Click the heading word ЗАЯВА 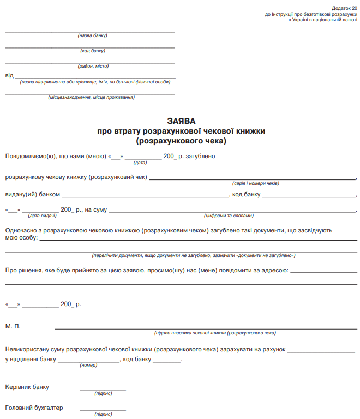pos(181,121)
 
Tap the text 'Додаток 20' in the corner pos(344,8)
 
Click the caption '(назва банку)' pos(93,35)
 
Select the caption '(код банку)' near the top pos(93,51)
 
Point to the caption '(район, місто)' pos(93,66)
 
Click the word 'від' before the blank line pos(9,75)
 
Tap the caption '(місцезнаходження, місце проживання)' pos(91,97)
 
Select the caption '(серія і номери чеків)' pos(255,183)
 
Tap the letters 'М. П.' pos(13,326)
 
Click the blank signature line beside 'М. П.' pos(206,329)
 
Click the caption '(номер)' pos(88,365)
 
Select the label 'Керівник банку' pos(27,387)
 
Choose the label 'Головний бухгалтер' pos(34,408)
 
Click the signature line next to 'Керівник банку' pos(103,390)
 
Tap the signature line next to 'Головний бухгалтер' pos(103,410)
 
